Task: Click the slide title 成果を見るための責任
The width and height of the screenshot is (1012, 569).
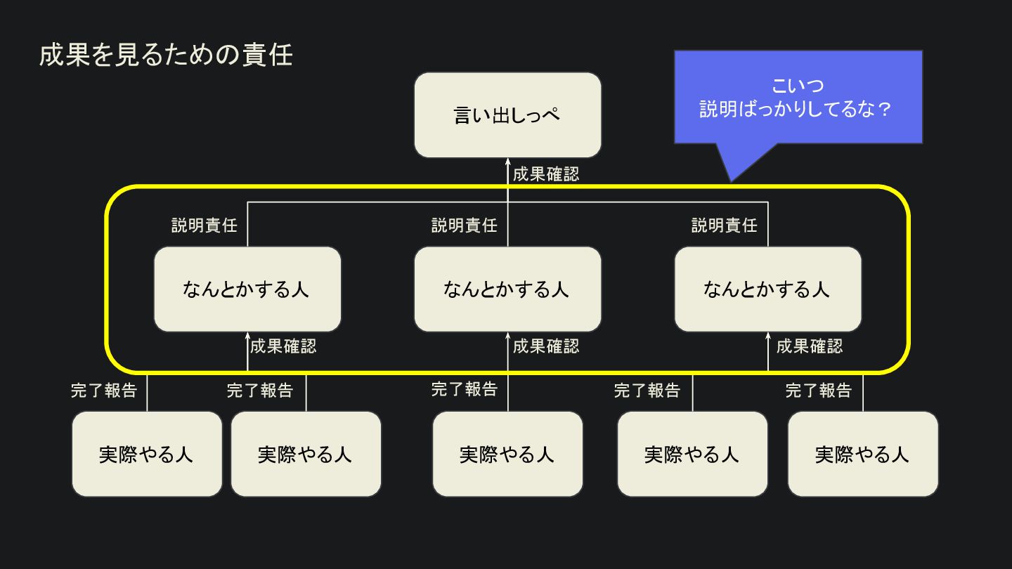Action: pyautogui.click(x=166, y=55)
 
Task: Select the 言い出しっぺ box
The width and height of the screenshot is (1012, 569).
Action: pyautogui.click(x=507, y=115)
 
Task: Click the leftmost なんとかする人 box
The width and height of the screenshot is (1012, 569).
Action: pyautogui.click(x=247, y=289)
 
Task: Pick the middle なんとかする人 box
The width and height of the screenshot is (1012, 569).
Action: pyautogui.click(x=507, y=289)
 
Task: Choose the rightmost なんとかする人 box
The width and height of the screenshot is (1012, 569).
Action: pyautogui.click(x=767, y=289)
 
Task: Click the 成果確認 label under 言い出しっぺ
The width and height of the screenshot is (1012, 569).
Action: pyautogui.click(x=546, y=174)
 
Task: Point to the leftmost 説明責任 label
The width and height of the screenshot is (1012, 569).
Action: pyautogui.click(x=205, y=225)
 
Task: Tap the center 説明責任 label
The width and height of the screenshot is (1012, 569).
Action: pyautogui.click(x=465, y=225)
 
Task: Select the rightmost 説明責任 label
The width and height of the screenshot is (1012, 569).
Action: pyautogui.click(x=725, y=225)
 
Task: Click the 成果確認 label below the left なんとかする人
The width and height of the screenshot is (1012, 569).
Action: pyautogui.click(x=283, y=346)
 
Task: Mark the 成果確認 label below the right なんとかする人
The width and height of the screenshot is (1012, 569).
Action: pyautogui.click(x=810, y=346)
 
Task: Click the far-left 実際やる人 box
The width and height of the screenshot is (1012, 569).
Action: pyautogui.click(x=147, y=454)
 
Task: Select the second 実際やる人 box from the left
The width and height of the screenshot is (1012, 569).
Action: pyautogui.click(x=306, y=454)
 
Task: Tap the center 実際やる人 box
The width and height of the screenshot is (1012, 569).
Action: pyautogui.click(x=507, y=454)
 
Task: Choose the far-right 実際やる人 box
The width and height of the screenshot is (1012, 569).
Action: pyautogui.click(x=862, y=454)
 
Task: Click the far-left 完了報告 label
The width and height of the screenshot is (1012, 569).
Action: pyautogui.click(x=104, y=391)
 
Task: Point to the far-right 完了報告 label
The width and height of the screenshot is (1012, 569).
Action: pyautogui.click(x=819, y=391)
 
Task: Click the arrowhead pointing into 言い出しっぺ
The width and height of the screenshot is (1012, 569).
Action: pyautogui.click(x=507, y=162)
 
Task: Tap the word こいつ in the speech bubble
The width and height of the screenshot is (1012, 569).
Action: pyautogui.click(x=798, y=86)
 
